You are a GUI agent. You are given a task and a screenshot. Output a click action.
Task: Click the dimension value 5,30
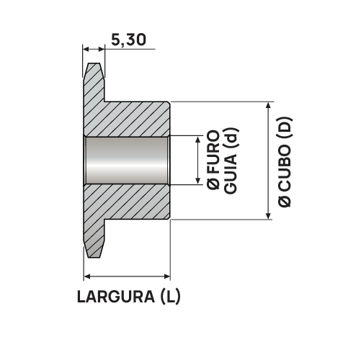(128, 40)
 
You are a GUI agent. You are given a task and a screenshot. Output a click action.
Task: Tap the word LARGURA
(116, 297)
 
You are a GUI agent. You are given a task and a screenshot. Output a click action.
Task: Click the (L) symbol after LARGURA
(170, 297)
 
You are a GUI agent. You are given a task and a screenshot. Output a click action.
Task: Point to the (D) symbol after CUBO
(285, 127)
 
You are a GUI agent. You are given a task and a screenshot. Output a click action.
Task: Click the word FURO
(213, 153)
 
